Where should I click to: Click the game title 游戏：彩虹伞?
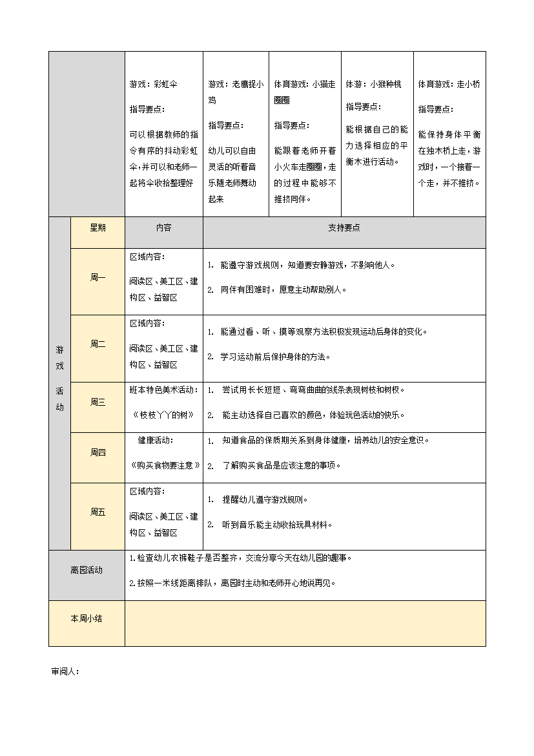(153, 85)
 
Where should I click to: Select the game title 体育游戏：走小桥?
(449, 85)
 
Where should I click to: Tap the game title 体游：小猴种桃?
(373, 85)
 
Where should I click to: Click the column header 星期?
(98, 228)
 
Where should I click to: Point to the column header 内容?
(163, 228)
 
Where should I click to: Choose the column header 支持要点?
(344, 228)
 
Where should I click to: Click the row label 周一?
(98, 278)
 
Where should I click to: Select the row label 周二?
(98, 344)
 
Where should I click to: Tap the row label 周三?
(98, 403)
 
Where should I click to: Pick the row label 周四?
(98, 453)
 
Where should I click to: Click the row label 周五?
(98, 512)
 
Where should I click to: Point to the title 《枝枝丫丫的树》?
(164, 415)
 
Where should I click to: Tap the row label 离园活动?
(87, 571)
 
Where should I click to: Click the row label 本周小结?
(87, 619)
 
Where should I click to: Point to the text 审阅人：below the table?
(65, 671)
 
